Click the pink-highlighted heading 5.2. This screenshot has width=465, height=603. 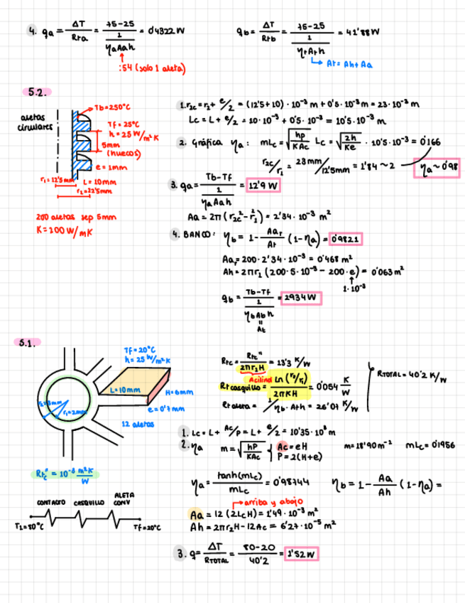(x=37, y=92)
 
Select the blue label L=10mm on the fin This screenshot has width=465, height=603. (x=126, y=390)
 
